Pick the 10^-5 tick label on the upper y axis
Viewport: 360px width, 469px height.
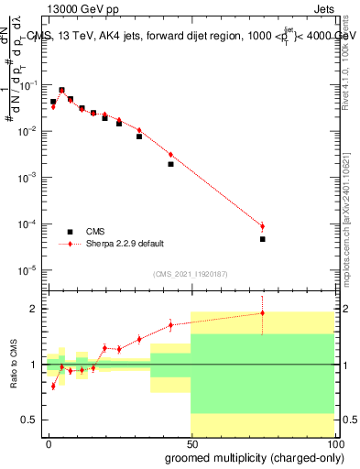31,269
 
